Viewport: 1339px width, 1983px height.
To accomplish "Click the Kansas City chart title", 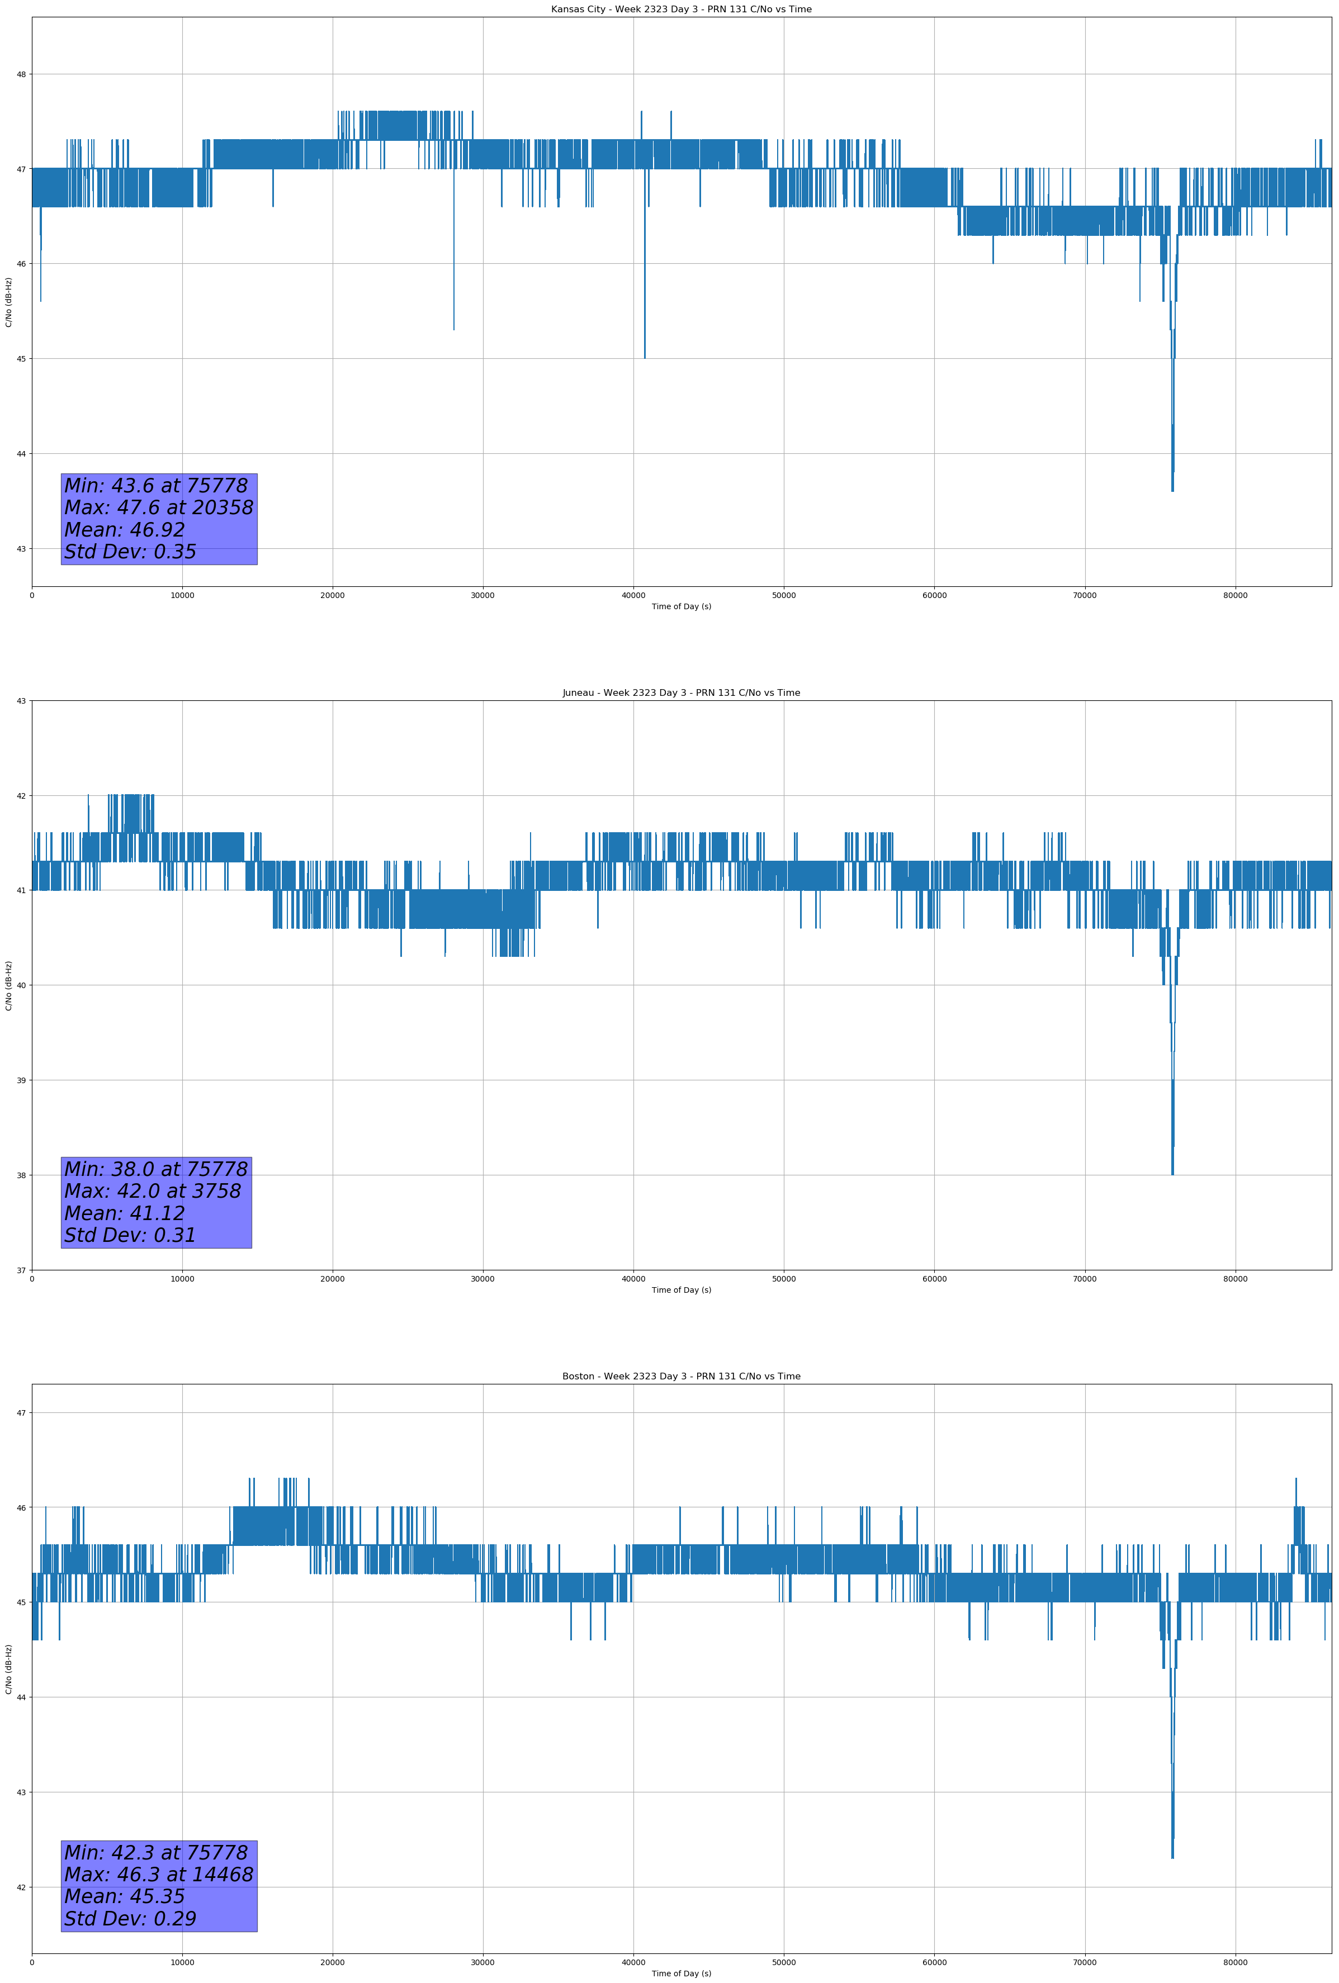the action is (x=681, y=10).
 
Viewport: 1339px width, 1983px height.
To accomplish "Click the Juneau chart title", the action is (x=681, y=693).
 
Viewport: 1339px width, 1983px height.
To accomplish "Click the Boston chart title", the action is (x=681, y=1377).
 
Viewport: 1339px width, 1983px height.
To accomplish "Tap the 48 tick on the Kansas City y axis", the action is (x=21, y=74).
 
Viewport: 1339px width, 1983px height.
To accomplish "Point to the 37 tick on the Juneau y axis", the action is (x=21, y=1270).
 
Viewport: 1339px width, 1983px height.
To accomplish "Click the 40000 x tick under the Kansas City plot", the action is (x=633, y=596).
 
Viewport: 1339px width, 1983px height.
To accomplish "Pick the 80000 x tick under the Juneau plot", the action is (x=1235, y=1279).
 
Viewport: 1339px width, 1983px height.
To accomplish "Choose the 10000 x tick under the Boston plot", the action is (x=182, y=1962).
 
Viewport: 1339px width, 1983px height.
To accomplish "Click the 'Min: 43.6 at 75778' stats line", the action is (x=156, y=486).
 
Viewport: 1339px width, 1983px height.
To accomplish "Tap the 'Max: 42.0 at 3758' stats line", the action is (x=153, y=1191).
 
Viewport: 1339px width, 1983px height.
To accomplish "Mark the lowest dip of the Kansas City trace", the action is (x=1172, y=491).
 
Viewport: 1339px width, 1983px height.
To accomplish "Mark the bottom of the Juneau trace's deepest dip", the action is (x=1172, y=1174).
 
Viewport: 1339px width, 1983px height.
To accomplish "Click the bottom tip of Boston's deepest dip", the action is (x=1172, y=1858).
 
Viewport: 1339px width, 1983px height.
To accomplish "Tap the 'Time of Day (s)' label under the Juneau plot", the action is (x=681, y=1290).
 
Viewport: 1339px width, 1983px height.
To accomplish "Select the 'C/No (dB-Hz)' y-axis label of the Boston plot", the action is (x=8, y=1669).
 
